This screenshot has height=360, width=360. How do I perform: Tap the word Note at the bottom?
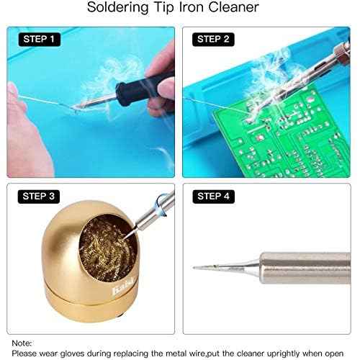click(x=22, y=343)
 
